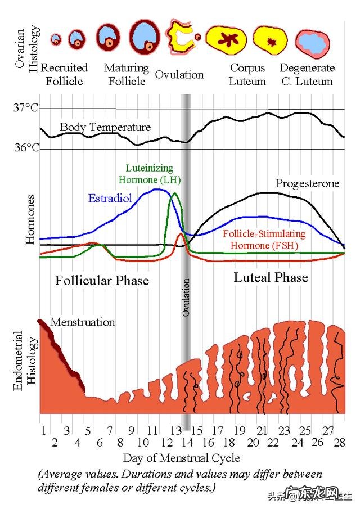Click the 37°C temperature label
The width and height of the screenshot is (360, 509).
(x=26, y=107)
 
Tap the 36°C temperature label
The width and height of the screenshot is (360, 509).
(x=26, y=148)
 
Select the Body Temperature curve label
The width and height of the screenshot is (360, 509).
(x=105, y=127)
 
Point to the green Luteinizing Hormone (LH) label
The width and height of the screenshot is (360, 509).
(x=149, y=174)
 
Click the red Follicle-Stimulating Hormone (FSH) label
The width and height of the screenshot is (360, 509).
(x=264, y=240)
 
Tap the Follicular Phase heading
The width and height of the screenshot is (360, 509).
(x=102, y=280)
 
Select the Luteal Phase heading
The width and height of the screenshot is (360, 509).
(x=271, y=277)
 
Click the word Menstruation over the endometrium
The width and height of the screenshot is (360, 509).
(x=83, y=322)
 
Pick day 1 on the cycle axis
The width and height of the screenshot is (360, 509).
(x=43, y=431)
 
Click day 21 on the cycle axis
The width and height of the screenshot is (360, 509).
(x=262, y=431)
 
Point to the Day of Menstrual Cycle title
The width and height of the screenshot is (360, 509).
(x=181, y=457)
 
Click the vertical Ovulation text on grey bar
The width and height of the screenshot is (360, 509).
(x=187, y=297)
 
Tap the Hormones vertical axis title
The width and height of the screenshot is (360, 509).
(x=30, y=220)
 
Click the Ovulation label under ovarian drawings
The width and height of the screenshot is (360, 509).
(x=179, y=75)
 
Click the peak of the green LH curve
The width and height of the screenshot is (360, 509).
(x=174, y=194)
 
